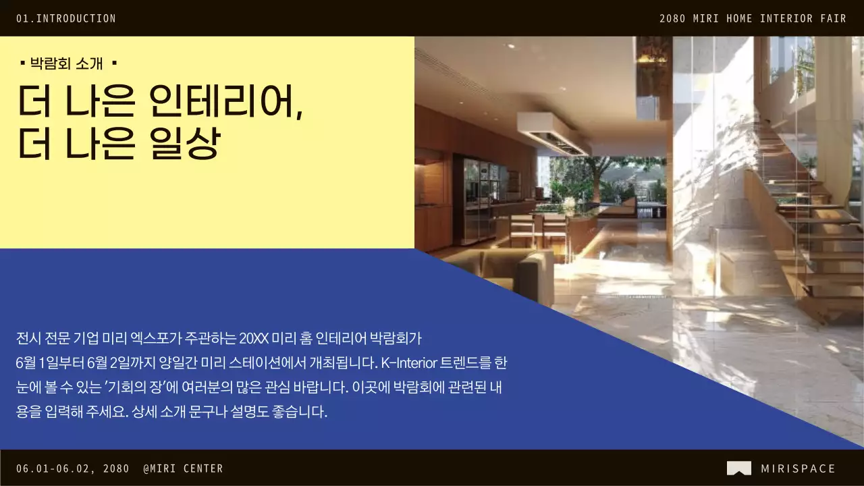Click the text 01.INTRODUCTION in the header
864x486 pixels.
[66, 19]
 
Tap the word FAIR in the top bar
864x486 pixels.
[833, 19]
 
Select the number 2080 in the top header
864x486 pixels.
[672, 19]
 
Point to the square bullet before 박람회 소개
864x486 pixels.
[23, 63]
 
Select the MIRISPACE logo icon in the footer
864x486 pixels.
[738, 468]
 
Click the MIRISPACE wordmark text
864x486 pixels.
[798, 468]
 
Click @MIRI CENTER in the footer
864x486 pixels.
[183, 468]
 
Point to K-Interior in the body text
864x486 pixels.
[408, 362]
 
